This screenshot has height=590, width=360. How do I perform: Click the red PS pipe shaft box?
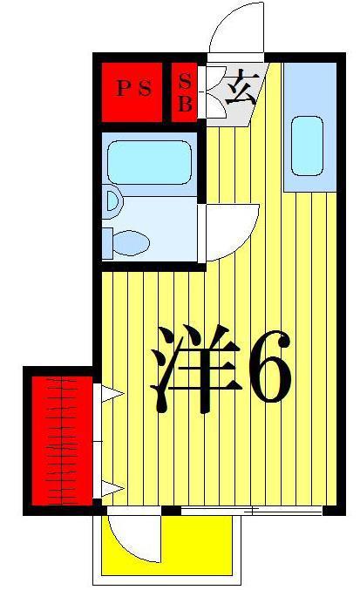[x=132, y=92]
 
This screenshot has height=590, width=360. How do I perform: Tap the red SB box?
[x=184, y=92]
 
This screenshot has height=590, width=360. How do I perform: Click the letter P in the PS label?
[x=122, y=89]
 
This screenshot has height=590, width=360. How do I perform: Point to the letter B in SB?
[x=185, y=103]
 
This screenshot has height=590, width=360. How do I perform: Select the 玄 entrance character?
[x=241, y=90]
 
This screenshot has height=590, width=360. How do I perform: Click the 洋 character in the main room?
[x=195, y=369]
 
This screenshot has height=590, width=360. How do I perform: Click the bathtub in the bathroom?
[x=149, y=162]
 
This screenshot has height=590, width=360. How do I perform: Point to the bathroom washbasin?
[x=112, y=201]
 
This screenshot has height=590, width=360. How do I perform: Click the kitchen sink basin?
[x=308, y=146]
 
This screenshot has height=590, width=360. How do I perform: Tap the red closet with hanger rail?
[x=62, y=441]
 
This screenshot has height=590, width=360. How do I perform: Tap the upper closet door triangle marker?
[x=112, y=394]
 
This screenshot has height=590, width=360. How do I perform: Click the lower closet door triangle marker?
[x=112, y=488]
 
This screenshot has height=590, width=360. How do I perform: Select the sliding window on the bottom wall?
[x=252, y=511]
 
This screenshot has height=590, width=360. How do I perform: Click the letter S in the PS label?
[x=146, y=89]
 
